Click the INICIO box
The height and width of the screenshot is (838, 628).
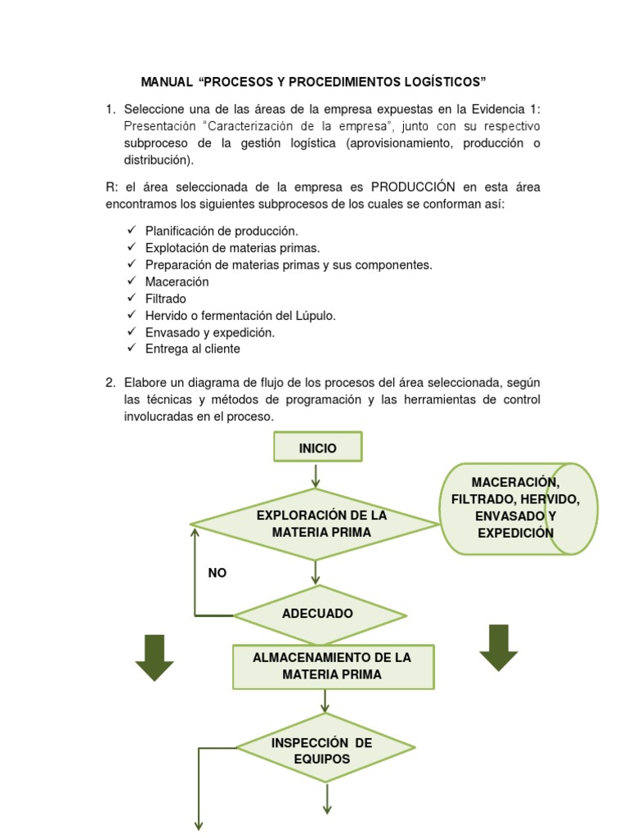(x=317, y=448)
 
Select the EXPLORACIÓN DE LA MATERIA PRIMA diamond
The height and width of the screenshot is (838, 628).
(x=315, y=525)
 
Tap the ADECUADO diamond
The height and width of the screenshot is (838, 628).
(x=319, y=614)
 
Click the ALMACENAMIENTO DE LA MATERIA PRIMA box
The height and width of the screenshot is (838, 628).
(x=333, y=666)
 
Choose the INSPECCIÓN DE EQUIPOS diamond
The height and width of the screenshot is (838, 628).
(x=325, y=750)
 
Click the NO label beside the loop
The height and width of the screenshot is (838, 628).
(x=218, y=574)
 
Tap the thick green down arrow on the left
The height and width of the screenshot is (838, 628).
(x=154, y=657)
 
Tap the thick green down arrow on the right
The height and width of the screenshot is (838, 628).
(x=498, y=647)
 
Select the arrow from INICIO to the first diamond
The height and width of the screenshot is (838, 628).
(x=316, y=475)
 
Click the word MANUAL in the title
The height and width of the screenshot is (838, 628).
(x=167, y=83)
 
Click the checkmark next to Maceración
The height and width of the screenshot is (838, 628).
(x=132, y=282)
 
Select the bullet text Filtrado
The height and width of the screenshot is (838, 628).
(x=165, y=299)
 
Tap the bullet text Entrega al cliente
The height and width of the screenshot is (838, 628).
(x=192, y=349)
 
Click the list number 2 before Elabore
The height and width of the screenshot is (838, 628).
(x=110, y=382)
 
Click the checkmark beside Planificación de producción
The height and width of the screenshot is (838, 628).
(x=132, y=231)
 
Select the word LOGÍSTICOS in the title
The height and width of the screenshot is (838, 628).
(x=444, y=83)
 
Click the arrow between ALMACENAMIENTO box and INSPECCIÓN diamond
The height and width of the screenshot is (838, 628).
(x=325, y=701)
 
